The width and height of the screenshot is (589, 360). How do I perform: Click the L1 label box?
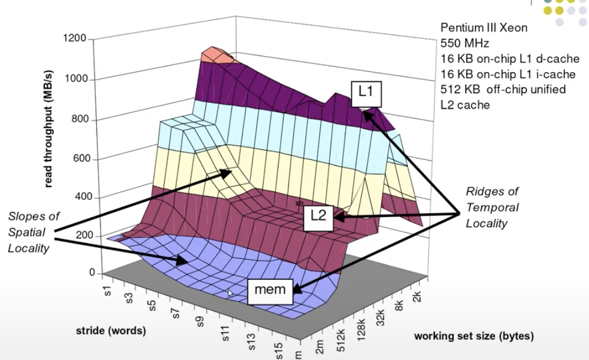(x=366, y=94)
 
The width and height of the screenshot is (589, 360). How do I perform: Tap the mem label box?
(x=270, y=289)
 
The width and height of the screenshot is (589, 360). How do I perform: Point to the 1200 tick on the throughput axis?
(x=77, y=39)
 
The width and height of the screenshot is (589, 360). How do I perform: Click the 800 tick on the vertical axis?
(x=79, y=119)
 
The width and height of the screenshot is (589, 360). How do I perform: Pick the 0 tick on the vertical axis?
(x=91, y=273)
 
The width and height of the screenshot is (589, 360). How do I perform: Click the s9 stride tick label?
(x=199, y=323)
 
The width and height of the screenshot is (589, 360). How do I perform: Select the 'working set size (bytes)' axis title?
(x=474, y=336)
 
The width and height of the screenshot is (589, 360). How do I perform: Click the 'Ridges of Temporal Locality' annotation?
(x=492, y=207)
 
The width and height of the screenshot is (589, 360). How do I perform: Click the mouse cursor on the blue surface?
(x=231, y=293)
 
